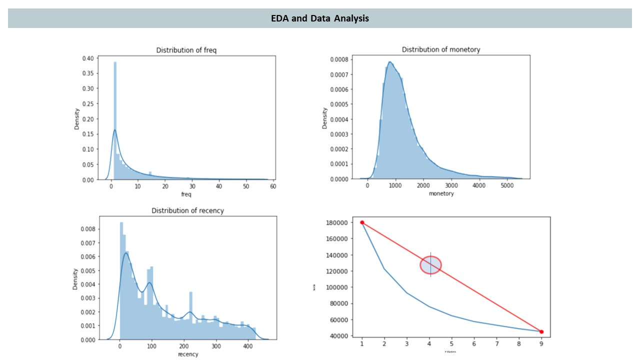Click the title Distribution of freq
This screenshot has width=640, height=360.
(186, 50)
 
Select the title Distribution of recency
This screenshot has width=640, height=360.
(187, 210)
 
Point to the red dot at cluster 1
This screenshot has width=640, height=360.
(362, 222)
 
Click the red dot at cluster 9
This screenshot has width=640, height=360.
(541, 331)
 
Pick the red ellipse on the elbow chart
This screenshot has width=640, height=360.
(430, 264)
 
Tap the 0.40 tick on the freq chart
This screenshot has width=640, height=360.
(87, 58)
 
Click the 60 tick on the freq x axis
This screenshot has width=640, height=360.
(272, 186)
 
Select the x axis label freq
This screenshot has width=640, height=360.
(186, 193)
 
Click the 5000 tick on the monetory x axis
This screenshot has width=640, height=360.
(507, 186)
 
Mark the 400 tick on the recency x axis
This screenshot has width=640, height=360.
(248, 346)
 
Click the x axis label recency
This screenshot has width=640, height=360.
(187, 354)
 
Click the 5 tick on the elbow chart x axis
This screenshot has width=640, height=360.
(452, 344)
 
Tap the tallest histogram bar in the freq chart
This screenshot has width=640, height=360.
(115, 120)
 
